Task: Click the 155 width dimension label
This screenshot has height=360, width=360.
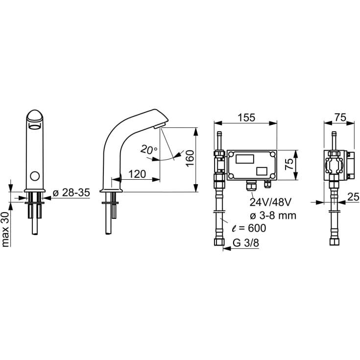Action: pos(246,118)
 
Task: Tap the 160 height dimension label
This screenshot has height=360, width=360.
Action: pos(190,158)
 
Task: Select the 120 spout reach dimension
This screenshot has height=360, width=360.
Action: pos(137,174)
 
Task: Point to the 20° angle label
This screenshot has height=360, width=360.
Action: pos(149,149)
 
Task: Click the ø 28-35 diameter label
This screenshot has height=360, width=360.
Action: pos(71,192)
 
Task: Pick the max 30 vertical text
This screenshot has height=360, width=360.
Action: pos(5,229)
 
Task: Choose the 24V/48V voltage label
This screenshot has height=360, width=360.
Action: pos(270,202)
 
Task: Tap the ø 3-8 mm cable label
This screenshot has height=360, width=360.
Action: pos(273,216)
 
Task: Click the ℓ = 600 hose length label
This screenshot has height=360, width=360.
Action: pos(249,228)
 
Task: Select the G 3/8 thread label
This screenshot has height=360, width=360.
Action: pos(246,242)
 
